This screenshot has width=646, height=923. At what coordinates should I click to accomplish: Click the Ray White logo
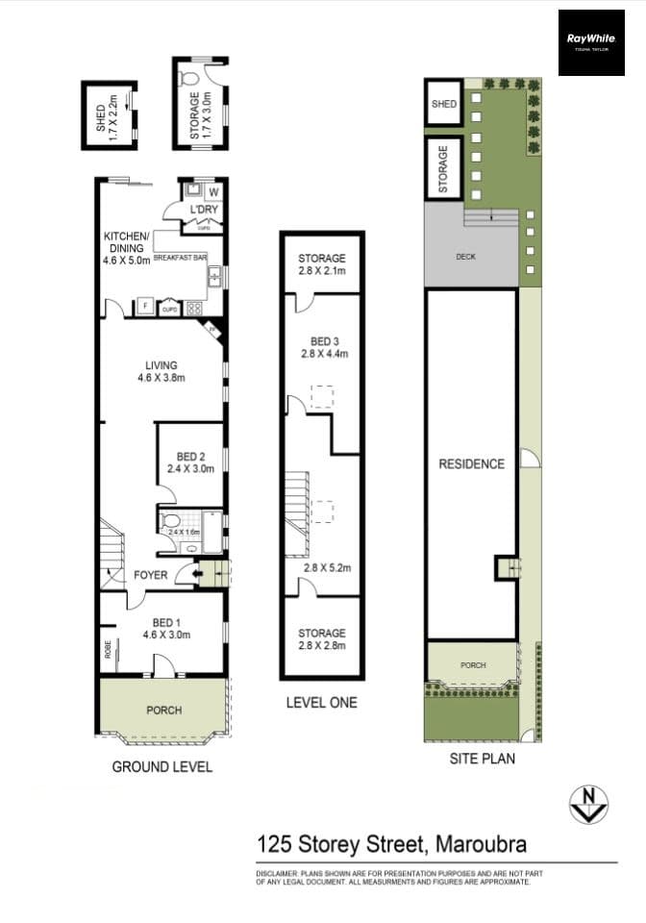pyautogui.click(x=590, y=42)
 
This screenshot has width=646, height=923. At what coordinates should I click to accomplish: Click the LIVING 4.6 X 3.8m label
pyautogui.click(x=161, y=371)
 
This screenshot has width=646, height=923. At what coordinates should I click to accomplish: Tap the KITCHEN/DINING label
pyautogui.click(x=127, y=247)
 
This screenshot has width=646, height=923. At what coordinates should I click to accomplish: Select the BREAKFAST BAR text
pyautogui.click(x=181, y=259)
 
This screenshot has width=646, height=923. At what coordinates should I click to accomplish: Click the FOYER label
pyautogui.click(x=151, y=575)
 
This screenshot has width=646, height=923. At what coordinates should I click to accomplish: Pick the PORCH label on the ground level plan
pyautogui.click(x=162, y=711)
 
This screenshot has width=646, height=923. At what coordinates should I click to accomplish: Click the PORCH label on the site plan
pyautogui.click(x=473, y=665)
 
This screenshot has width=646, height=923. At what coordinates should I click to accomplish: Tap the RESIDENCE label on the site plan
pyautogui.click(x=471, y=463)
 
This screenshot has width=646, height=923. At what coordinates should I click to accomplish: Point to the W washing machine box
pyautogui.click(x=211, y=190)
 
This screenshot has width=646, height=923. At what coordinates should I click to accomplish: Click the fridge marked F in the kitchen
pyautogui.click(x=144, y=308)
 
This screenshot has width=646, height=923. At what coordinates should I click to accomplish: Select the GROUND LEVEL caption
pyautogui.click(x=162, y=766)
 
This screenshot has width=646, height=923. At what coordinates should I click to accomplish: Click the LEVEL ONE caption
pyautogui.click(x=321, y=703)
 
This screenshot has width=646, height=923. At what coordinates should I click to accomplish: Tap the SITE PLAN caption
pyautogui.click(x=483, y=759)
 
